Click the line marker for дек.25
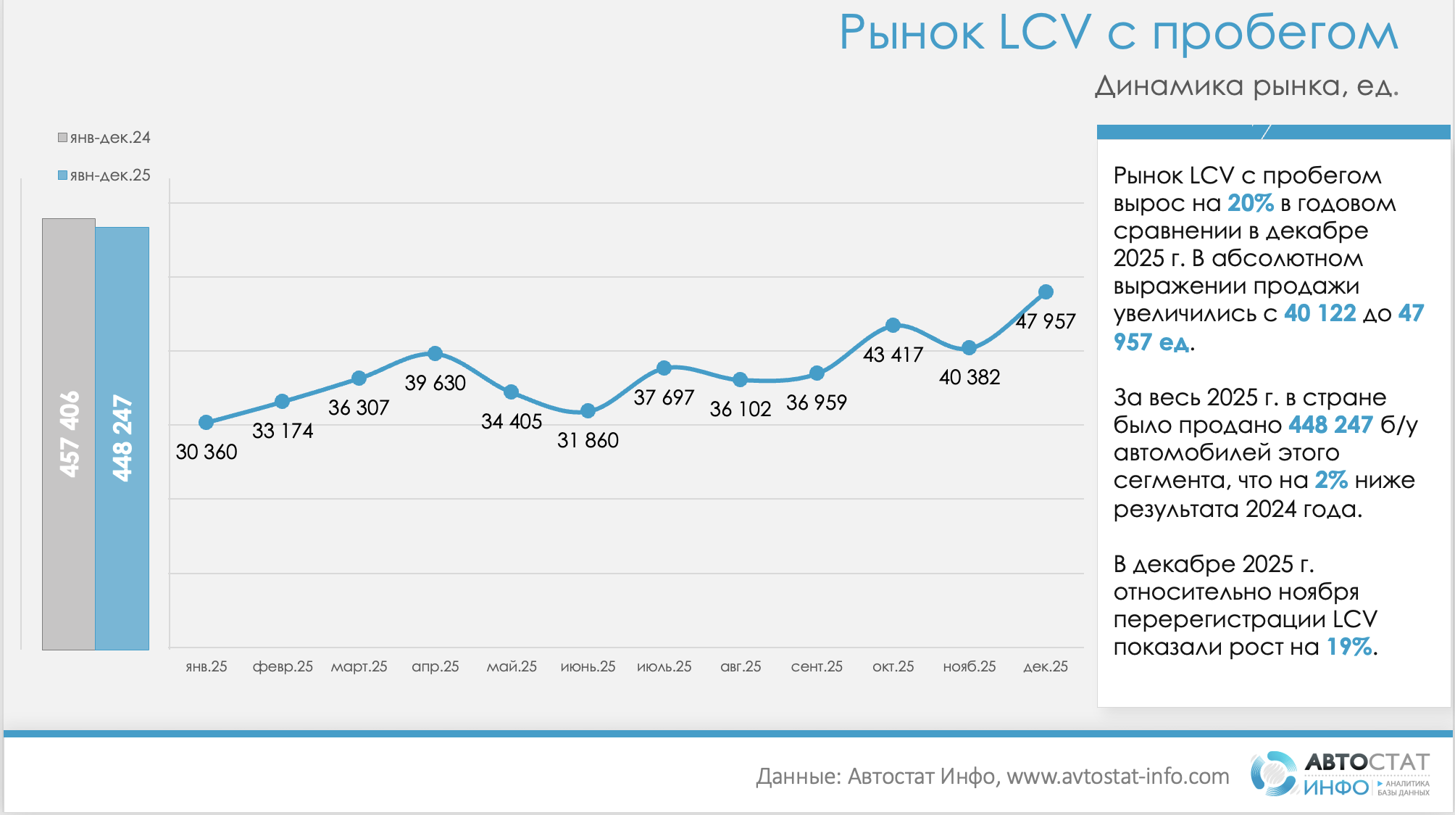pos(1046,292)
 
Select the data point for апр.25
pos(435,354)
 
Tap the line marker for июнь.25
pos(588,411)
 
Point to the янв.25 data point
pos(206,423)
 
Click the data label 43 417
pos(893,355)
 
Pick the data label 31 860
pos(588,440)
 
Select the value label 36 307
pos(359,407)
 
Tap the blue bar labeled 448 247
pos(122,438)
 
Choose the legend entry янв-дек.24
pos(104,138)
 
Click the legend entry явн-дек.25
pos(104,175)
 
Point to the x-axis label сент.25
pos(817,666)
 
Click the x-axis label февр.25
pos(283,666)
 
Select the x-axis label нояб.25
pos(970,666)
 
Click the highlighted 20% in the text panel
pos(1250,204)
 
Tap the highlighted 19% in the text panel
pos(1349,647)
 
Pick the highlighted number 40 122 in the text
pos(1319,313)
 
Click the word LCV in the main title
pos(1044,33)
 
